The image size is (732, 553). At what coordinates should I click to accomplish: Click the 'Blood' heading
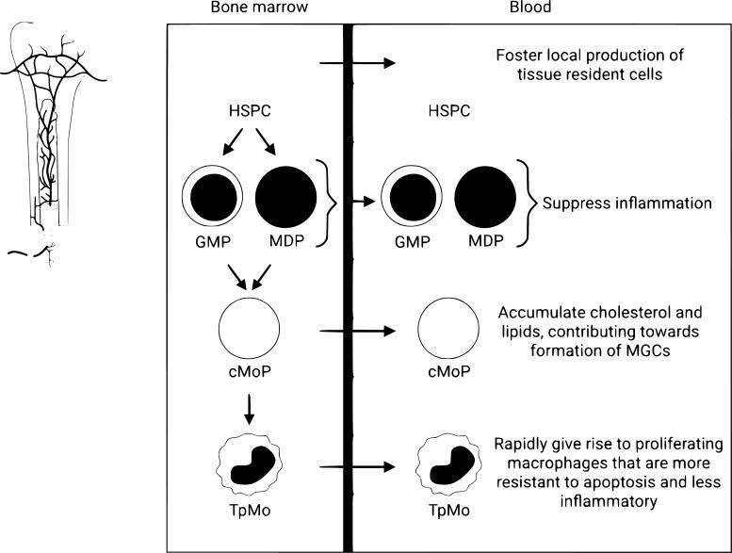click(538, 8)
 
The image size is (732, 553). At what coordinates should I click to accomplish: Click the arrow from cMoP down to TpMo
click(249, 406)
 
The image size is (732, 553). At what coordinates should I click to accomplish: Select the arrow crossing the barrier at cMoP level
click(357, 331)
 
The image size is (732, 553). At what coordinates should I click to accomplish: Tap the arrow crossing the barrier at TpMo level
click(357, 466)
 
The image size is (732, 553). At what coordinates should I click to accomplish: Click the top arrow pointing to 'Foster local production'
click(357, 64)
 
